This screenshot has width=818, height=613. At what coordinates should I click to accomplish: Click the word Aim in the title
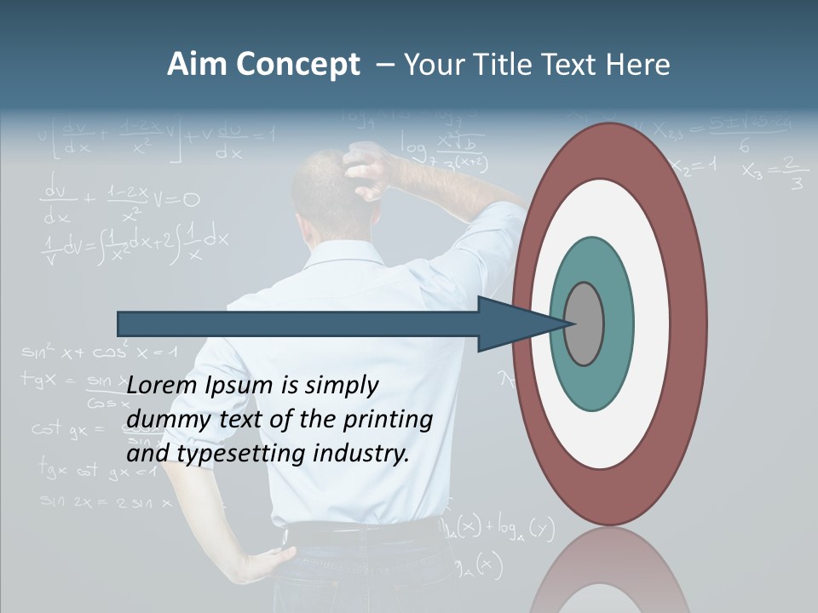(x=198, y=65)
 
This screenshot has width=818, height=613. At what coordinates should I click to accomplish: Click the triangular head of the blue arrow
(x=511, y=324)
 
